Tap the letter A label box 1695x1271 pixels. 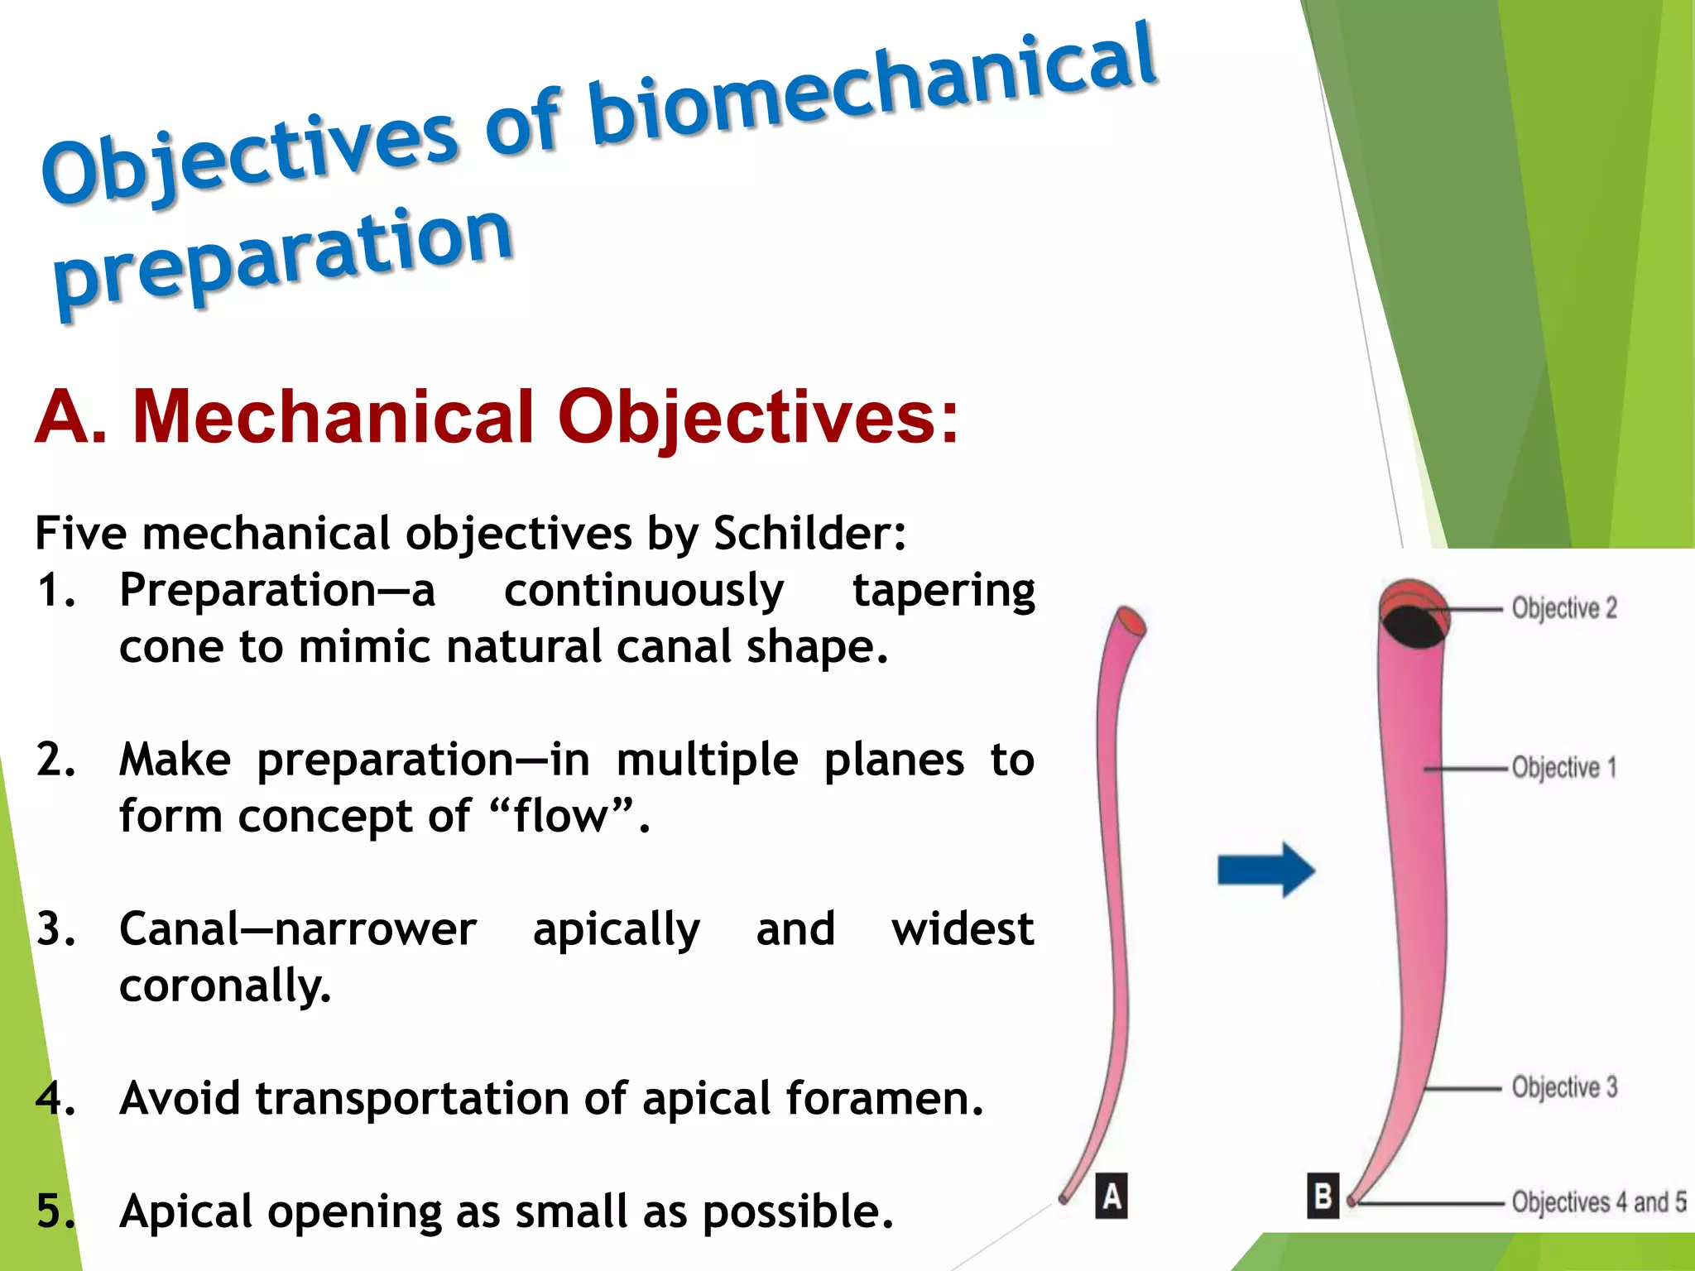click(1112, 1196)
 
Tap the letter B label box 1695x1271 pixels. click(1323, 1196)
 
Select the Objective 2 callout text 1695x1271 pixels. click(1563, 608)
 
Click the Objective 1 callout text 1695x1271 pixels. click(1563, 767)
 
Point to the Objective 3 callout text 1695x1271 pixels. click(1563, 1086)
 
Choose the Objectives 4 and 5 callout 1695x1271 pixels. click(1597, 1201)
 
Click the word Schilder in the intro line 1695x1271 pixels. click(809, 533)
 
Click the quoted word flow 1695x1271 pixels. click(561, 817)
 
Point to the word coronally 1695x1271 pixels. click(225, 986)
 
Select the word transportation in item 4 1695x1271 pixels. click(412, 1099)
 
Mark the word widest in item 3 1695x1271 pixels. click(962, 929)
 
